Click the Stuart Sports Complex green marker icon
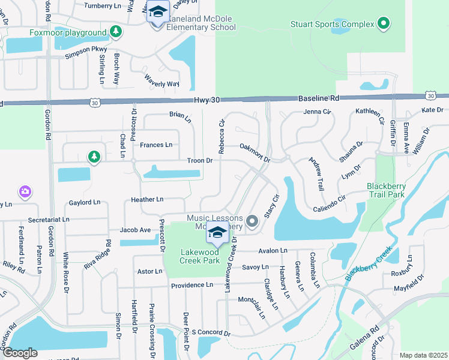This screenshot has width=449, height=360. (x=384, y=25)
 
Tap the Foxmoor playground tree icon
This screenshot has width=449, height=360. (x=115, y=32)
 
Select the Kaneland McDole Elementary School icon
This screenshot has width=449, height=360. (x=157, y=13)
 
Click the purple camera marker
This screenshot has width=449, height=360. (x=25, y=191)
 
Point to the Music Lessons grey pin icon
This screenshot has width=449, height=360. (x=252, y=222)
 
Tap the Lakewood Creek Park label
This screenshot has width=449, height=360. (x=200, y=257)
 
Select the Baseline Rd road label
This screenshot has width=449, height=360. (x=318, y=98)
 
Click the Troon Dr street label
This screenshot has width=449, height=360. (x=200, y=161)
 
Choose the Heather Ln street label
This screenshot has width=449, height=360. (x=146, y=199)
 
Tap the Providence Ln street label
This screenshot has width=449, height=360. (x=192, y=286)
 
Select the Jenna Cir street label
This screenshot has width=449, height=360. (x=317, y=112)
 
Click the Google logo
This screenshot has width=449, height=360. (x=20, y=353)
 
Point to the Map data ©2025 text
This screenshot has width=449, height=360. (x=423, y=355)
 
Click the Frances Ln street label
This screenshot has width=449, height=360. (x=156, y=145)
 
